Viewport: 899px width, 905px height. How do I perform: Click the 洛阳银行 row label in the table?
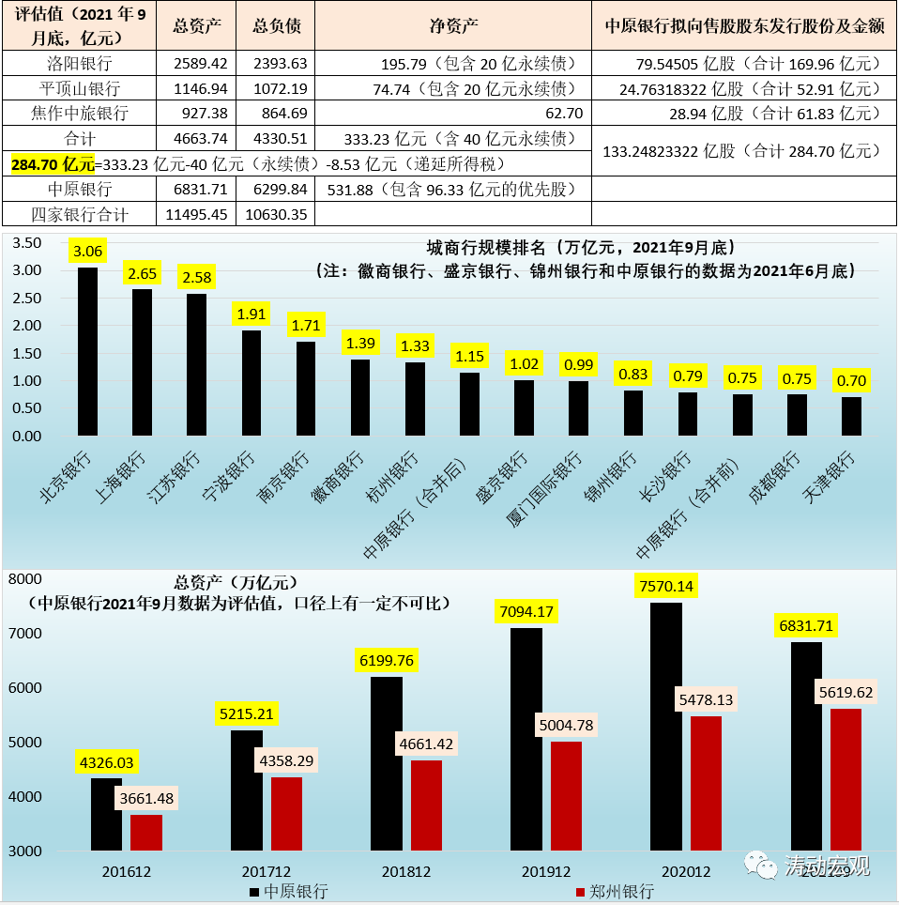pyautogui.click(x=79, y=65)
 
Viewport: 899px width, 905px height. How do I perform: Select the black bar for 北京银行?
pyautogui.click(x=87, y=352)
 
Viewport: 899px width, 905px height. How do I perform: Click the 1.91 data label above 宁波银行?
pyautogui.click(x=251, y=314)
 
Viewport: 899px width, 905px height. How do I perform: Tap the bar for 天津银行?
pyautogui.click(x=851, y=416)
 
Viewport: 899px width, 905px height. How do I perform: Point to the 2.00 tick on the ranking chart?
pyautogui.click(x=29, y=326)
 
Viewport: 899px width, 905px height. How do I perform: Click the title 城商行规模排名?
pyautogui.click(x=487, y=249)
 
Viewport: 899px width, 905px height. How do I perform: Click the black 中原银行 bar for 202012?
pyautogui.click(x=666, y=727)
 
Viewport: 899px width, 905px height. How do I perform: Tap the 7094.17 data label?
pyautogui.click(x=526, y=612)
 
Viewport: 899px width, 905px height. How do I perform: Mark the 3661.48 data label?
pyautogui.click(x=146, y=799)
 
